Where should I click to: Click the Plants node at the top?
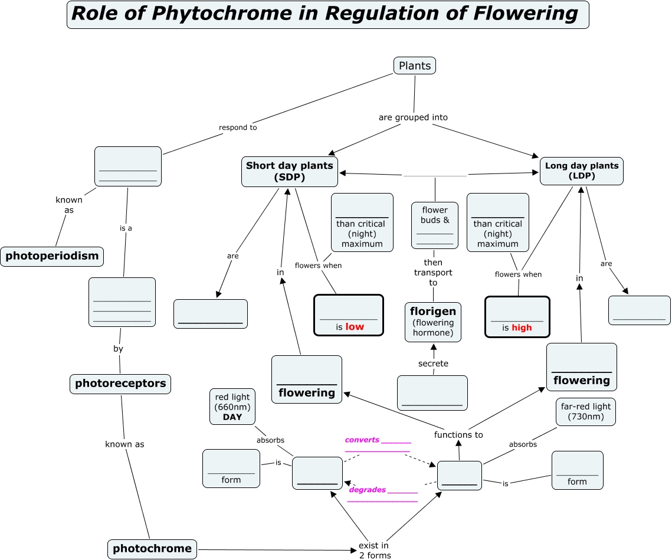coord(414,66)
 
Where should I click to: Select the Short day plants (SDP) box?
coord(290,171)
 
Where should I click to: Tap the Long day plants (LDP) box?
coord(581,171)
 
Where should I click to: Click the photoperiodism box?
coord(52,256)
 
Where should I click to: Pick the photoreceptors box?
coord(120,384)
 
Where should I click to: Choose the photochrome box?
coord(152,548)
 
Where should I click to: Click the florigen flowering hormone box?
coord(433,322)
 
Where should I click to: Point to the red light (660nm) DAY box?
coord(232,407)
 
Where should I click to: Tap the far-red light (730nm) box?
coord(585,411)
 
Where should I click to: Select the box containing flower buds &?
coord(435,225)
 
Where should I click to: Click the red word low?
coord(355,327)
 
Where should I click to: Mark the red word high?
coord(522,328)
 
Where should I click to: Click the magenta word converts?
coord(362,440)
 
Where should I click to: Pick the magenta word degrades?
coord(367,490)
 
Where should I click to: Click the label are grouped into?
coord(413,117)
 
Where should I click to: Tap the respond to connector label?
coord(238,127)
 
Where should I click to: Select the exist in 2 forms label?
coord(375,550)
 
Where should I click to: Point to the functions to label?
coord(458,435)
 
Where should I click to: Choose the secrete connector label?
coord(433,363)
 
